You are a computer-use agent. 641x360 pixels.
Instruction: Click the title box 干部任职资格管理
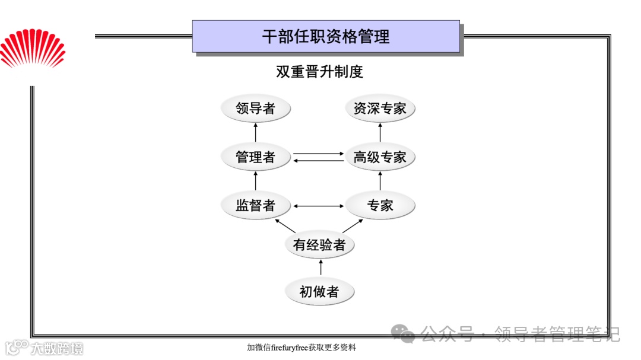click(x=326, y=36)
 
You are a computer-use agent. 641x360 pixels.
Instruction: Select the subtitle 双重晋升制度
click(x=319, y=72)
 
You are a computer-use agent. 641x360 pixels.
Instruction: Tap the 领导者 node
click(x=256, y=109)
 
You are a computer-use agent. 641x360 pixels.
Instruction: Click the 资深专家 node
click(x=380, y=109)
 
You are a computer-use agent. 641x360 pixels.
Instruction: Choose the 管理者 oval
click(x=256, y=157)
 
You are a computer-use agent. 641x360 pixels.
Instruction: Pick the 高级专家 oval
click(x=380, y=157)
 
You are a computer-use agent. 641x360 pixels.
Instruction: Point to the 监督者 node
click(x=256, y=206)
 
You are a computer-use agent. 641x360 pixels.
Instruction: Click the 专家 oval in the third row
click(x=380, y=206)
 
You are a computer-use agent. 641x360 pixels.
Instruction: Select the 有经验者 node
click(x=320, y=244)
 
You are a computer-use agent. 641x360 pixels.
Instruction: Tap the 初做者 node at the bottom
click(x=320, y=292)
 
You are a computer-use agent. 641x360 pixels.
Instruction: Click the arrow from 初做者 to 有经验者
click(x=320, y=268)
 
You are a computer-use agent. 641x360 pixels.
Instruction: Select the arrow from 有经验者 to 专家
click(x=354, y=226)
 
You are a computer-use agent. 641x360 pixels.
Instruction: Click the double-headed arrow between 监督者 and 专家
click(x=319, y=206)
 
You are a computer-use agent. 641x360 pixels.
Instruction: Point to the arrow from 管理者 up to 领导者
click(x=256, y=133)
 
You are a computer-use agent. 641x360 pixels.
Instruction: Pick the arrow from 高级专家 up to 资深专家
click(x=380, y=133)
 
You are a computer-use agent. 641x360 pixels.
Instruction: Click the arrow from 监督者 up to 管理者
click(x=256, y=181)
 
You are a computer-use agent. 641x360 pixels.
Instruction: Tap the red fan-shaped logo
click(x=33, y=50)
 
